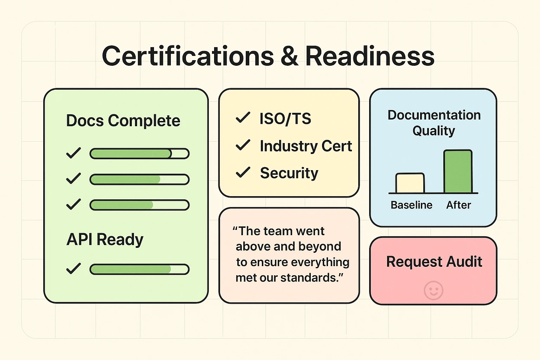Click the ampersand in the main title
click(289, 56)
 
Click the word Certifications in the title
click(188, 56)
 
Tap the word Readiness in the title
click(369, 56)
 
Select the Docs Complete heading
click(123, 121)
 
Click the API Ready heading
click(105, 239)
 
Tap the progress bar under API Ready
click(139, 269)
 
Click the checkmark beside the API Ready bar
click(73, 269)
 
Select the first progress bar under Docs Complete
click(139, 154)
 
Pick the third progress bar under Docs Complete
click(139, 205)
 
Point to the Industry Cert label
click(306, 146)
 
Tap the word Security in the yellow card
click(289, 173)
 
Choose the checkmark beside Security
click(243, 172)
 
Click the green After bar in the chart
click(458, 172)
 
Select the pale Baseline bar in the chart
click(410, 183)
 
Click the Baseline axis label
click(411, 205)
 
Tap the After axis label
click(458, 205)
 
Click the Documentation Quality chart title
click(434, 123)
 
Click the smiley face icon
click(433, 290)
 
